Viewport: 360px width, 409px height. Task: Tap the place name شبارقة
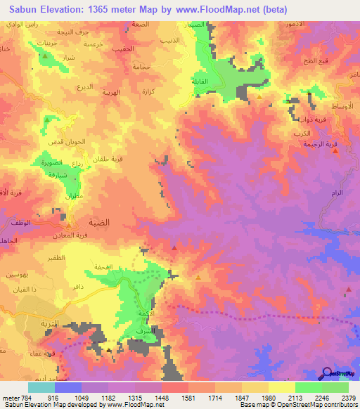(x=56, y=176)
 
